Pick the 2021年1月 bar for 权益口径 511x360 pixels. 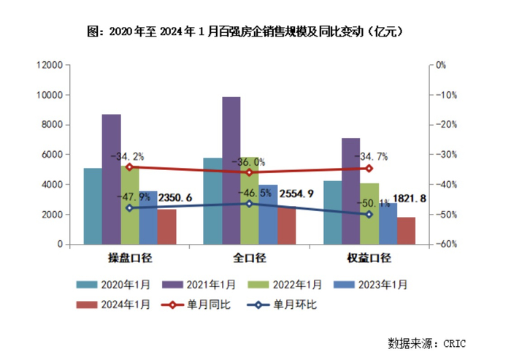[350, 191]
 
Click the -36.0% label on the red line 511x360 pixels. [249, 162]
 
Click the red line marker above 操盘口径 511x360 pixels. [129, 166]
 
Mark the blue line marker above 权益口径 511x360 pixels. [369, 214]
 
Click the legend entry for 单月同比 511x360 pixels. [207, 305]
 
